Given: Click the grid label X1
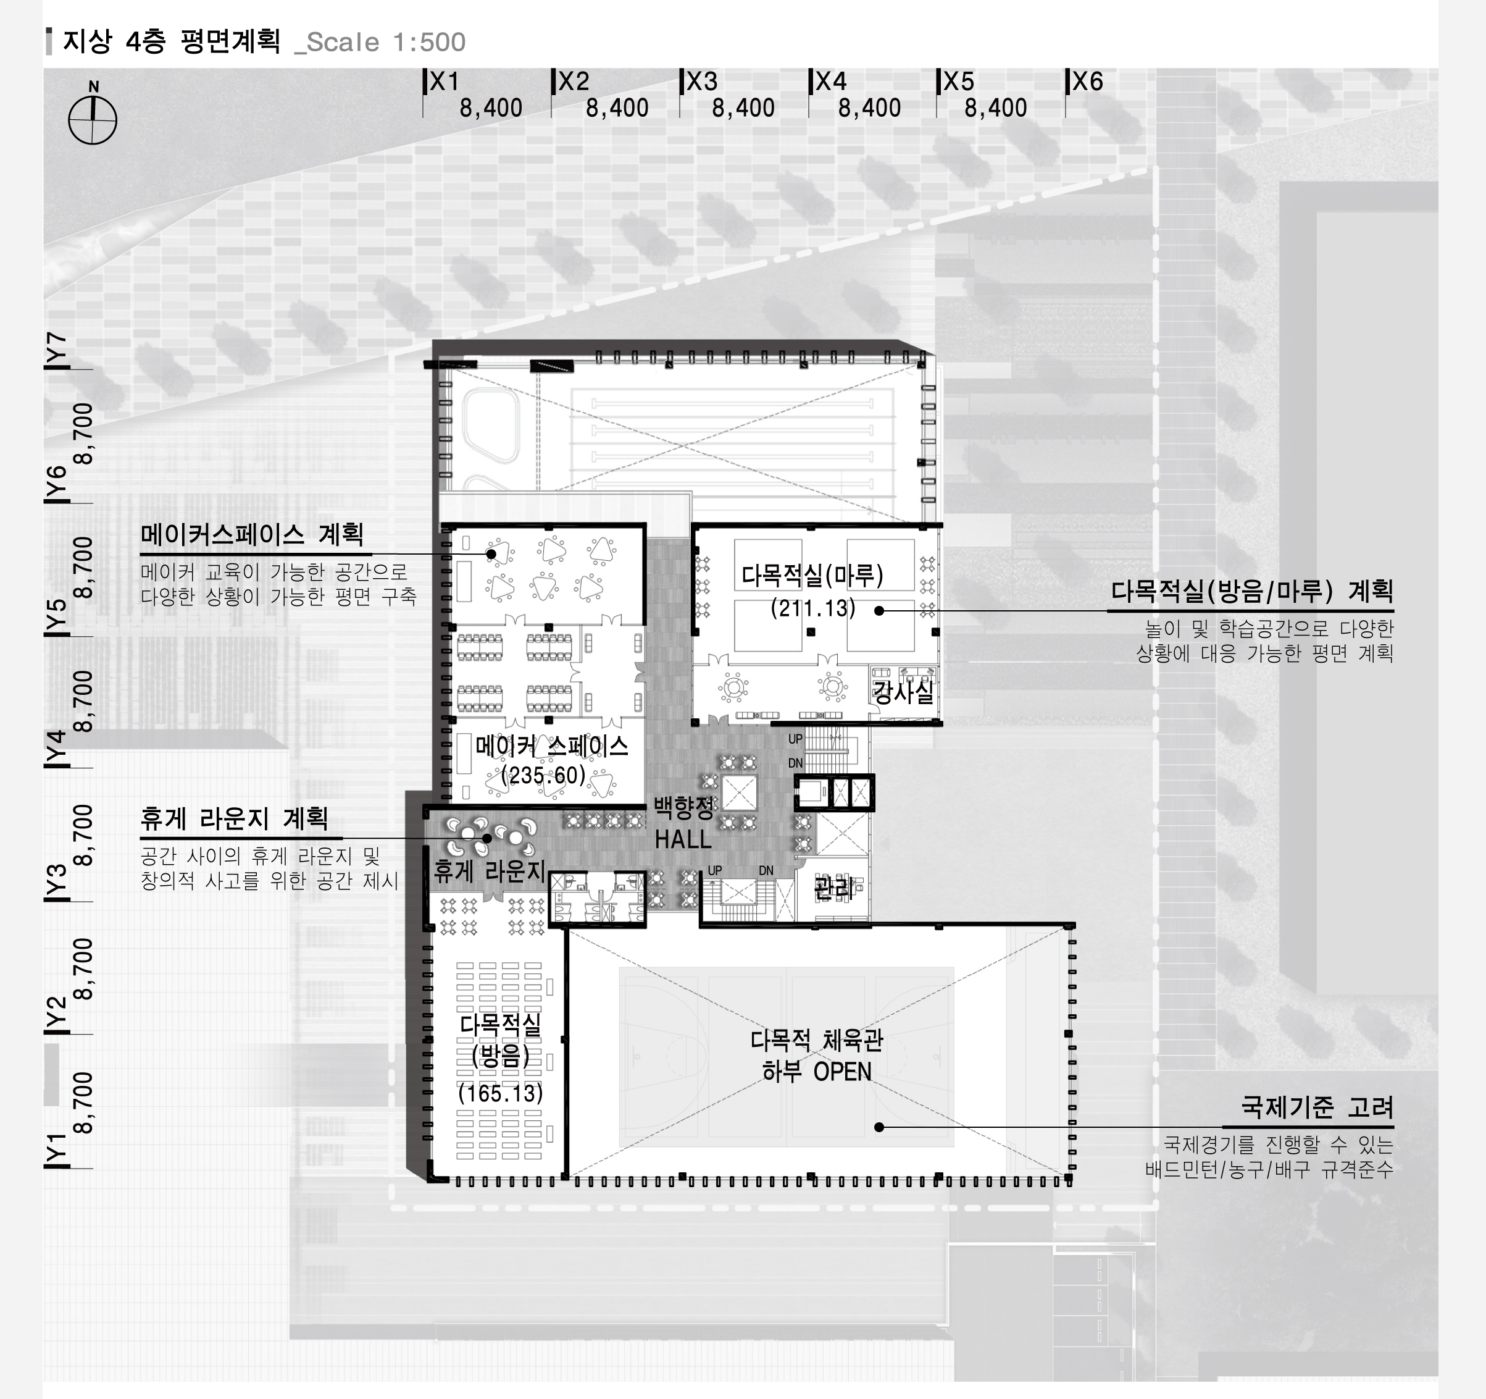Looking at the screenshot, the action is pos(444,82).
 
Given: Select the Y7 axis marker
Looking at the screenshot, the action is pos(57,350).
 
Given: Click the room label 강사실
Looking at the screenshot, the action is pos(904,692).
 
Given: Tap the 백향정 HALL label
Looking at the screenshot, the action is pos(684,823).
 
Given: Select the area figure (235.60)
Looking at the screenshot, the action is pos(543,775).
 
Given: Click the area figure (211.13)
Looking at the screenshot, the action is pos(812,608).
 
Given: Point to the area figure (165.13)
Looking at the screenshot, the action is pos(500,1093).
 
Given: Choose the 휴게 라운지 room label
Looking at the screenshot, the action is pos(490,871).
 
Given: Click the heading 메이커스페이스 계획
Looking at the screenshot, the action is pos(252,535).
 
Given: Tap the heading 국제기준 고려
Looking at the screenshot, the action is pos(1317,1107).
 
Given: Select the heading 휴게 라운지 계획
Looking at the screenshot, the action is pos(234,819).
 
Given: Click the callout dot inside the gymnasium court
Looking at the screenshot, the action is pos(879,1127).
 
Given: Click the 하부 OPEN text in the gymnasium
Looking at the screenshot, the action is pos(816,1072).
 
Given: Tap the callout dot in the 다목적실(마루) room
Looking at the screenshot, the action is pos(879,611).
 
